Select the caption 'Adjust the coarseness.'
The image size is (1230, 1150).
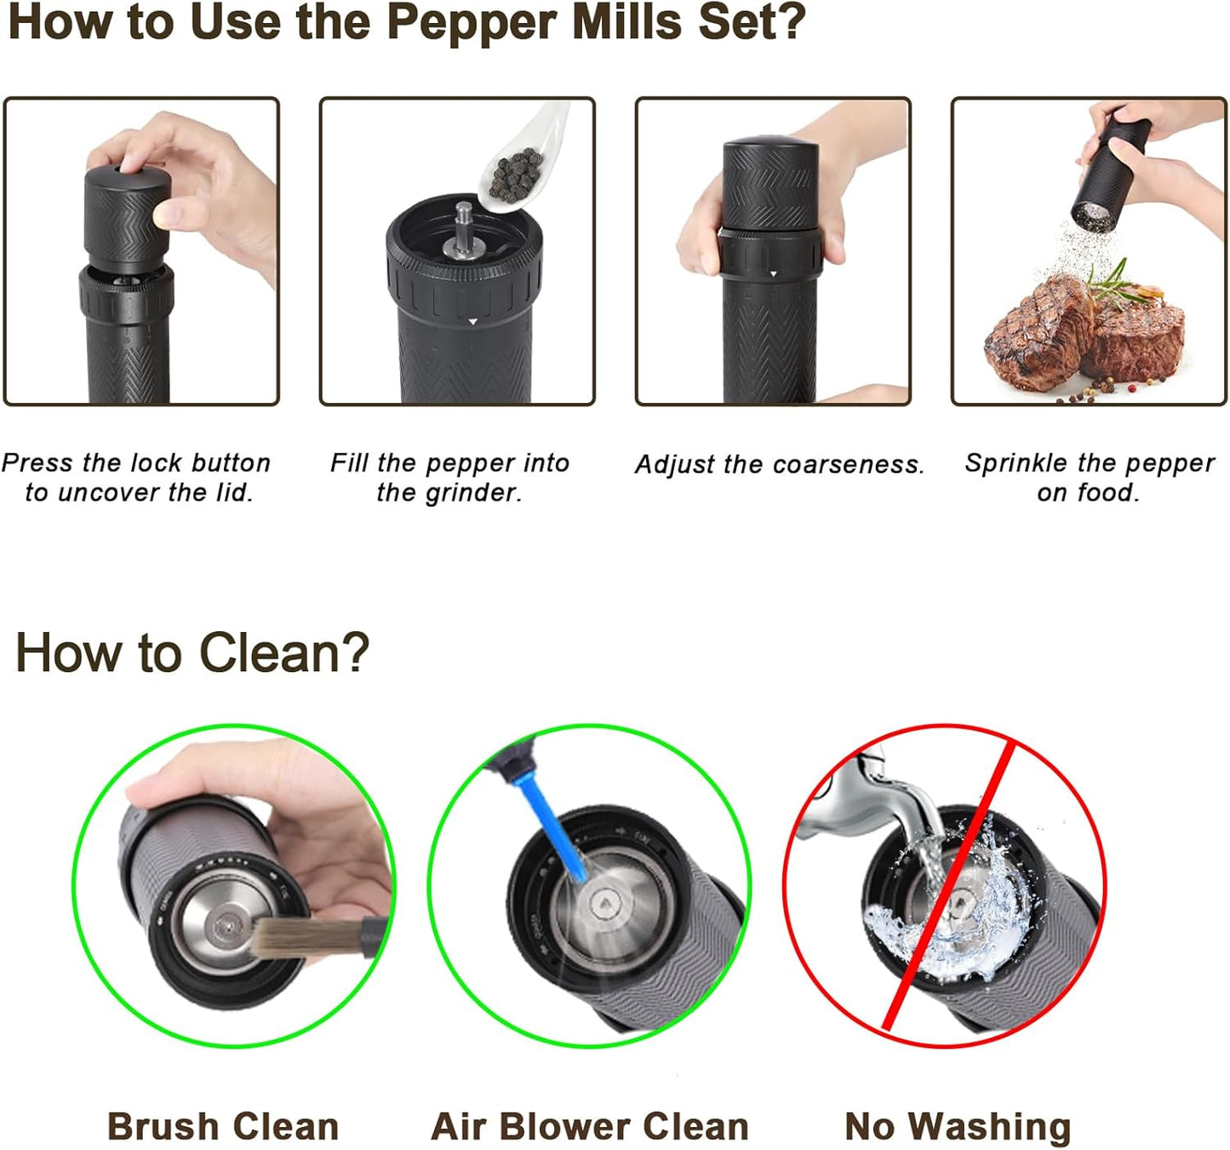779,464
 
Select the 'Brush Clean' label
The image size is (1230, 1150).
223,1126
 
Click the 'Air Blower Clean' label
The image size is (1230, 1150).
590,1126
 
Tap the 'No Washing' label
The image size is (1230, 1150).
958,1126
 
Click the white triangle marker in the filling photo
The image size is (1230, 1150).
472,322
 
